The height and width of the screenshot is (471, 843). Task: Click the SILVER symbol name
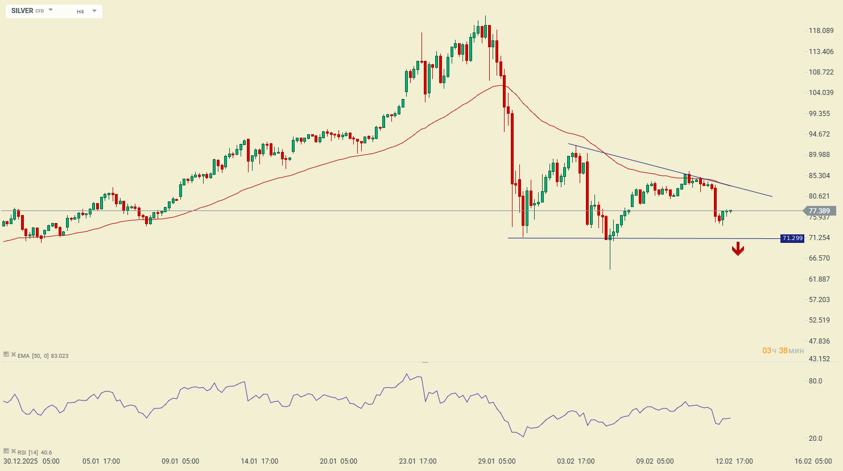point(22,11)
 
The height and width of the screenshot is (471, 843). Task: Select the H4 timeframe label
point(80,11)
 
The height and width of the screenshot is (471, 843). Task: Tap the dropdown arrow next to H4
point(94,11)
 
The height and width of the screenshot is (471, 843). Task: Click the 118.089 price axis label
point(821,31)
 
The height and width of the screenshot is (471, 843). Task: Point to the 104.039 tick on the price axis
point(821,93)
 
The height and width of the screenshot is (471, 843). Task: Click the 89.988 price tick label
point(821,155)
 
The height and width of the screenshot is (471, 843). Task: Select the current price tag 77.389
point(819,211)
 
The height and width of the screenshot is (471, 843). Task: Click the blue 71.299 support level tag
point(792,238)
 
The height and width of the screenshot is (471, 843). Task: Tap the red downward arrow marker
point(738,249)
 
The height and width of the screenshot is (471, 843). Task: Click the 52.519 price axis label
point(819,320)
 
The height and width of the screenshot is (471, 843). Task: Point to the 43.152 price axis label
point(819,359)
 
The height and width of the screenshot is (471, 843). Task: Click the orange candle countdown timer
point(783,350)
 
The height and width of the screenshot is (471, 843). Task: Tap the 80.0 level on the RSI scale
point(815,381)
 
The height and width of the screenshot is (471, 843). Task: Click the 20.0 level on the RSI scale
point(815,439)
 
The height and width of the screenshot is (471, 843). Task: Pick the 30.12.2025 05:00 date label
point(31,461)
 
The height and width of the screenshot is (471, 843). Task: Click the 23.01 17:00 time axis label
point(418,461)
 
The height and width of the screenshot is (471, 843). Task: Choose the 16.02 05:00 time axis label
point(813,461)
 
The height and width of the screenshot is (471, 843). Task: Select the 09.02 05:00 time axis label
point(655,461)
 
